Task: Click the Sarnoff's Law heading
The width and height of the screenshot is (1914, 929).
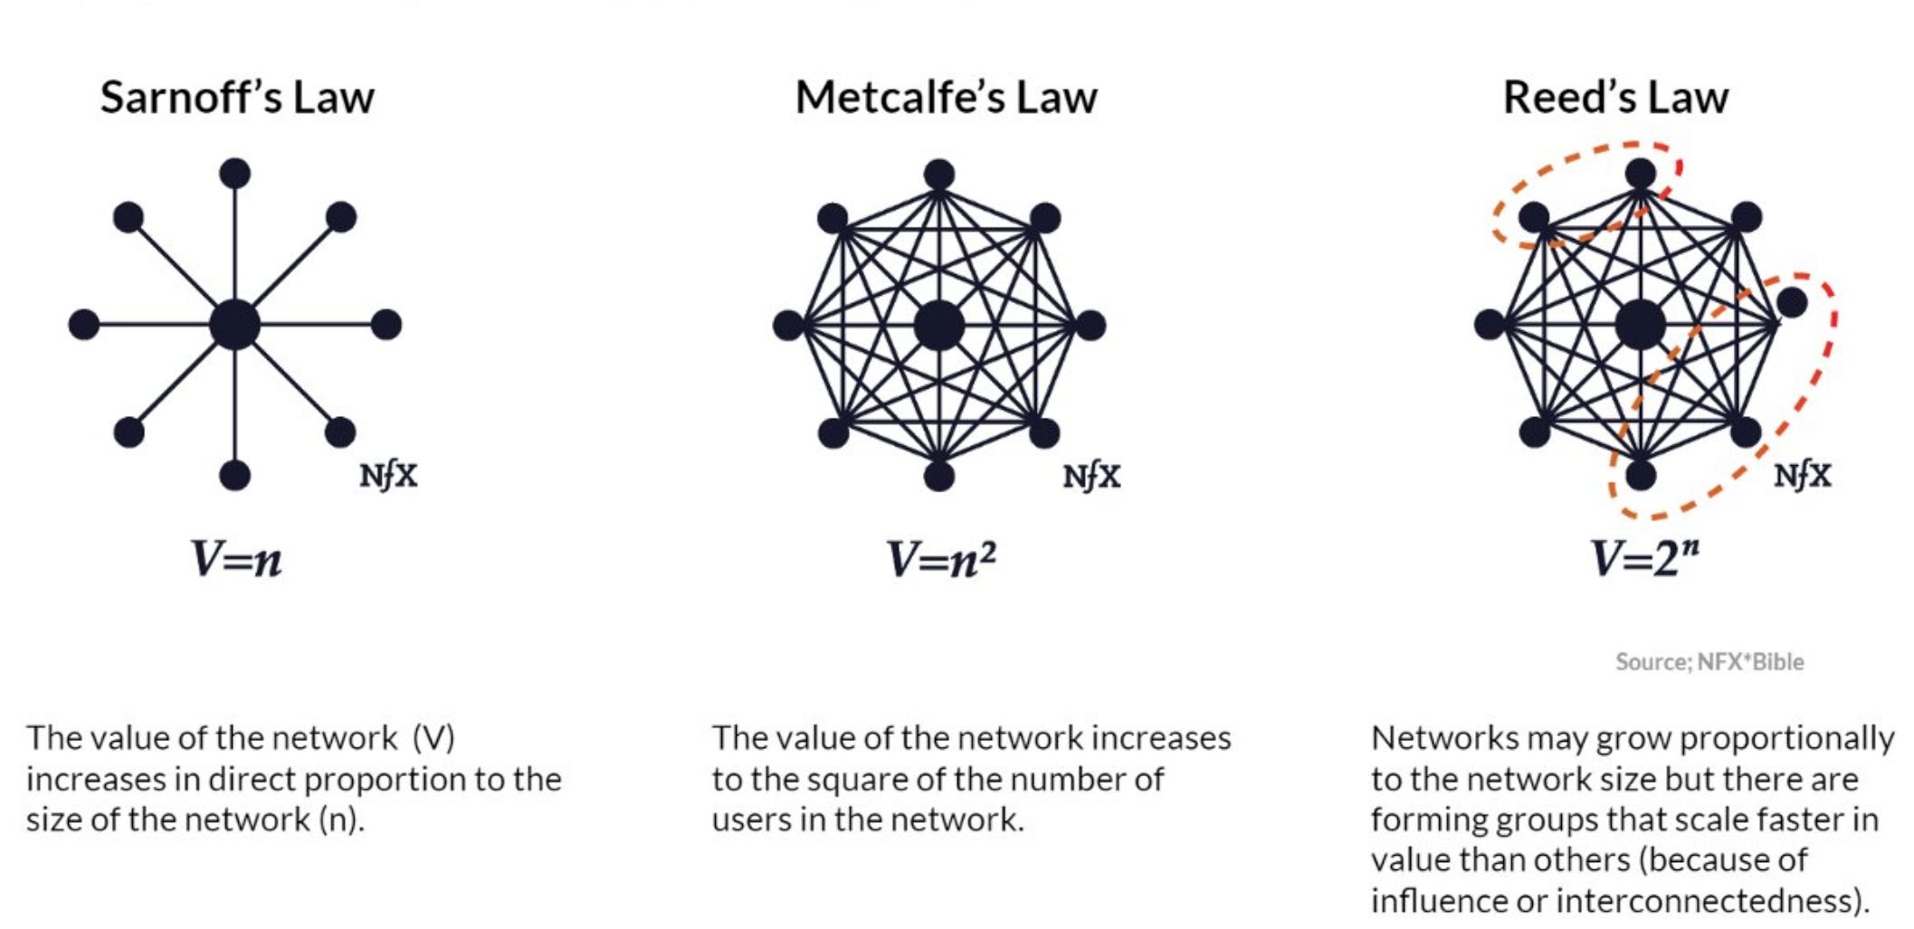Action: point(237,98)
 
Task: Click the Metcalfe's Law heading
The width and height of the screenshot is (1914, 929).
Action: point(946,98)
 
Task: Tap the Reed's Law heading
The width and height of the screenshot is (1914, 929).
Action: point(1615,98)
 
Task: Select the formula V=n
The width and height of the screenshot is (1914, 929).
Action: point(236,559)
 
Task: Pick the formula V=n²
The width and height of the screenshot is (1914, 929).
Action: point(941,559)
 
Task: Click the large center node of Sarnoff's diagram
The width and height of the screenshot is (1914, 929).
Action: point(234,325)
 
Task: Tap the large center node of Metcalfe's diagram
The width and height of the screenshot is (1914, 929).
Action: point(938,325)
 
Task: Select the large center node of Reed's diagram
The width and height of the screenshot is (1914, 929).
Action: point(1640,325)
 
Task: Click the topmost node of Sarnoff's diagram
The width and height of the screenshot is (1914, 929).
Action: point(234,173)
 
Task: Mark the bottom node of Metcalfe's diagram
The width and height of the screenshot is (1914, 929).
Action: point(938,476)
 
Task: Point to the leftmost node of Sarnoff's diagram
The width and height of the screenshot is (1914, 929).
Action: point(84,324)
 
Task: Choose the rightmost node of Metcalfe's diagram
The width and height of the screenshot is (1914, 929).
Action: point(1090,325)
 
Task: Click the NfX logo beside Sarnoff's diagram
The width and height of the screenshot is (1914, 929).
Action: point(388,475)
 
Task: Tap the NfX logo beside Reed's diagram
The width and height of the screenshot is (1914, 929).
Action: point(1802,475)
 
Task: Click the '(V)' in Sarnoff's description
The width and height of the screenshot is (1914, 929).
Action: point(433,738)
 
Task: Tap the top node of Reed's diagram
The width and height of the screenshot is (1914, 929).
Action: point(1640,173)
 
